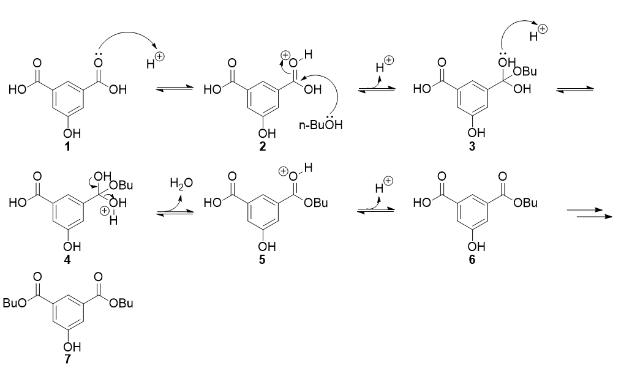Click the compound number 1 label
click(x=67, y=146)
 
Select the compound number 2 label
click(x=262, y=146)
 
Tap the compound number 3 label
click(x=472, y=146)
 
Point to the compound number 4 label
click(x=67, y=260)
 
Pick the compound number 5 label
click(x=262, y=260)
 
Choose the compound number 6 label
click(x=472, y=260)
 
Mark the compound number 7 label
click(x=67, y=359)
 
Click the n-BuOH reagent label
click(x=320, y=124)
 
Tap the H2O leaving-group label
click(x=181, y=184)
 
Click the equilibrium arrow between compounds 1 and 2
click(x=175, y=88)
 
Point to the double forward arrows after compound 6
click(x=589, y=214)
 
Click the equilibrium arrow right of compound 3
click(x=575, y=89)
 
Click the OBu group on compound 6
click(x=525, y=203)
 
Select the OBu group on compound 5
click(x=316, y=203)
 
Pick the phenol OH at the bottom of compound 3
click(x=476, y=133)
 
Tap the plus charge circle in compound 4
click(x=104, y=211)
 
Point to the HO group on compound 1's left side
click(x=17, y=89)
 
